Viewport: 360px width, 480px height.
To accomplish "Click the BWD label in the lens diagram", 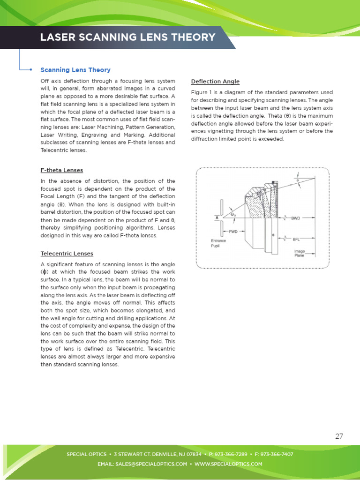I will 296,218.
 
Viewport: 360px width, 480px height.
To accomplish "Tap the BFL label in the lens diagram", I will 296,239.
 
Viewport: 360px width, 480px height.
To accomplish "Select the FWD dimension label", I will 233,232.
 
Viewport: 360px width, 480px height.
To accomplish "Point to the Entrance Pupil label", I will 218,243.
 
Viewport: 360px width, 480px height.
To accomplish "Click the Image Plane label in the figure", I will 299,253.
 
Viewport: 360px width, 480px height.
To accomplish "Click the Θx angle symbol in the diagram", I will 233,215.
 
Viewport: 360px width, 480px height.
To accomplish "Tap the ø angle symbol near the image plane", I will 297,180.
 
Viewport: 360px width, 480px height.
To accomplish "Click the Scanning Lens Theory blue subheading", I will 75,70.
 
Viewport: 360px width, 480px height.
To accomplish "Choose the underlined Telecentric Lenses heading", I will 67,254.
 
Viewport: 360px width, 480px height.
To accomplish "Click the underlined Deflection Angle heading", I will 215,82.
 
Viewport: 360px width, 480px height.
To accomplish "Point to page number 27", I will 339,436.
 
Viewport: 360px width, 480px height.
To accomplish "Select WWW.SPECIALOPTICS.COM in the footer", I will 228,464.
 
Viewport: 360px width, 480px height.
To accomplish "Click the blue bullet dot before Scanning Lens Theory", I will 30,70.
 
